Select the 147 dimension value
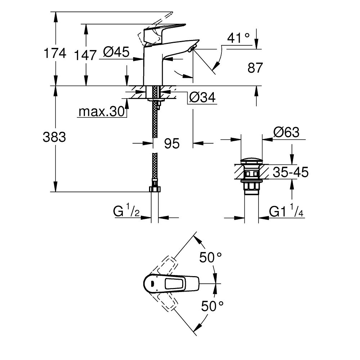86,55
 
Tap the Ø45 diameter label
116,52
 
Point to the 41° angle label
239,37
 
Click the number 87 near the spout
256,68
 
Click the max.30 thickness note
101,112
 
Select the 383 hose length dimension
54,137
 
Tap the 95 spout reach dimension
172,143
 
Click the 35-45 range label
290,172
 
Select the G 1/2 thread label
127,211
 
